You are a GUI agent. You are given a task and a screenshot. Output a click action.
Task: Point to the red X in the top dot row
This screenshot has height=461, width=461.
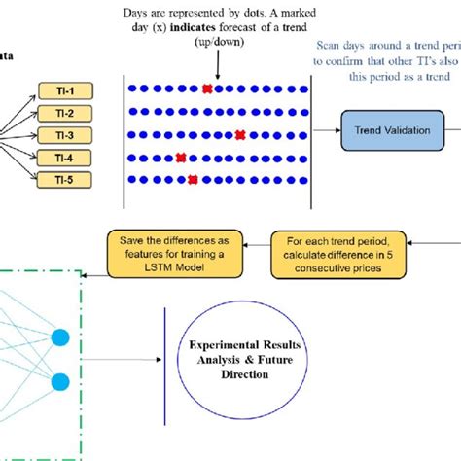[207, 90]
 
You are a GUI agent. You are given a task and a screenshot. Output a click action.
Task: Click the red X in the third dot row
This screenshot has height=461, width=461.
[240, 135]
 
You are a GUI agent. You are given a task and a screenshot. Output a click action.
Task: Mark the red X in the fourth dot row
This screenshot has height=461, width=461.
[181, 158]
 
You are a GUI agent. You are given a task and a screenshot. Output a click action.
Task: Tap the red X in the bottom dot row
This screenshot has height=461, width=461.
[194, 179]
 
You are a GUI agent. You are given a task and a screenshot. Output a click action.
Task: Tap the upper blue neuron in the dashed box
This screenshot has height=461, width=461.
[59, 337]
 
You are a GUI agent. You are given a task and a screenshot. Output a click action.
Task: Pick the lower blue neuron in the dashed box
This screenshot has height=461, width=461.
[59, 379]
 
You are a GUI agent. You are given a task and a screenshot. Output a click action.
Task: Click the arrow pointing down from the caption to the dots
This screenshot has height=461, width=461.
[218, 66]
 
